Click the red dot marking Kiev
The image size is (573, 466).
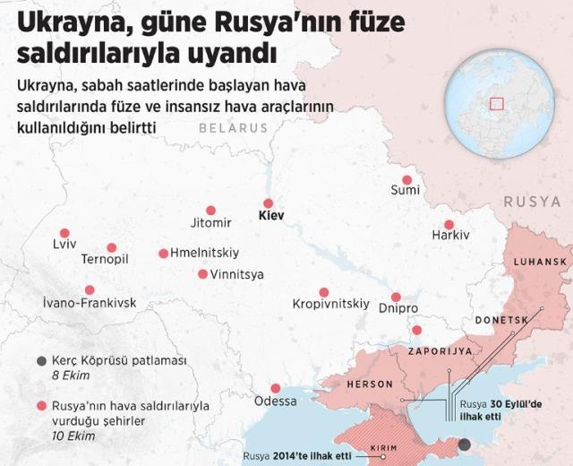point(268,203)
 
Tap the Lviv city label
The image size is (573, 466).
point(64,244)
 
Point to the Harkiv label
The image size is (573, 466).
point(450,235)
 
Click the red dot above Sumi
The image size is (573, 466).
point(406,179)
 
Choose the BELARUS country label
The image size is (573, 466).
point(233,128)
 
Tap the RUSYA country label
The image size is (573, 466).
point(532,203)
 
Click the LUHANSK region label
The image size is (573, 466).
point(540,262)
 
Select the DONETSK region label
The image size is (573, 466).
point(501,320)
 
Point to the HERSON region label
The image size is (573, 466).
point(370,384)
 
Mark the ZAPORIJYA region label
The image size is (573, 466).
point(440,351)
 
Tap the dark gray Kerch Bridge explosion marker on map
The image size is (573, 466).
point(464,444)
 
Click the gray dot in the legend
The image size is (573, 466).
point(41,360)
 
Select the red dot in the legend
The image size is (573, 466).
point(41,406)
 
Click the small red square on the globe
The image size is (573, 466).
point(497,103)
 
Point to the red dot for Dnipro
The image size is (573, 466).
point(396,297)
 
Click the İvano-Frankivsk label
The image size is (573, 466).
point(90,303)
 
